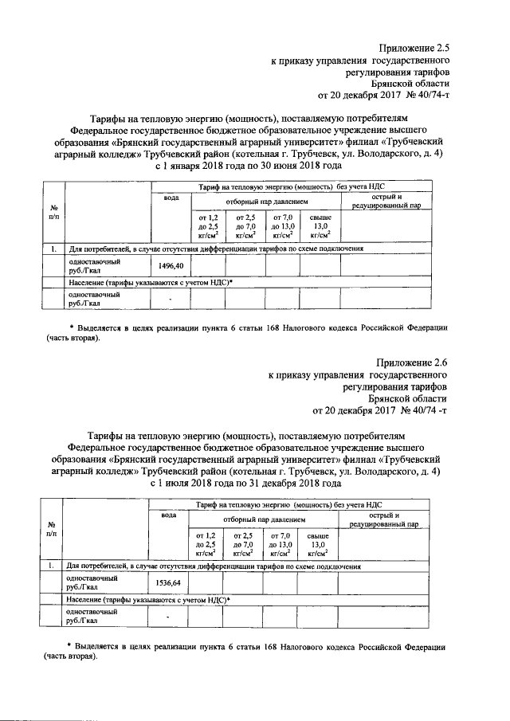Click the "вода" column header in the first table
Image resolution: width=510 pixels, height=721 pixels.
171,198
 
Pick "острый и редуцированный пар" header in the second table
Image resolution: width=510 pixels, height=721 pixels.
379,519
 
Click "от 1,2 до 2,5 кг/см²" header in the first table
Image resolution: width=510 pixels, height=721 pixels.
207,226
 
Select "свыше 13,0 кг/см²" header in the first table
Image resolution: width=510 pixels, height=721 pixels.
320,226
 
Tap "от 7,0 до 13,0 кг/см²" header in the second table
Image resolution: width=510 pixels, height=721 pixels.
281,544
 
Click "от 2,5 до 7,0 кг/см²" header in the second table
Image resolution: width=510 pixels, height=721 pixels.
244,544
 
